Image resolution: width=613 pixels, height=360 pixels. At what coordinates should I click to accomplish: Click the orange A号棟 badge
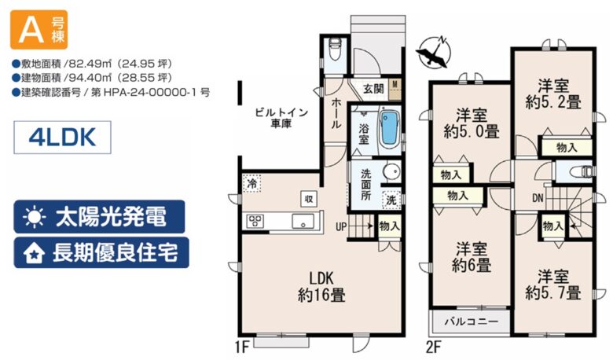(39, 30)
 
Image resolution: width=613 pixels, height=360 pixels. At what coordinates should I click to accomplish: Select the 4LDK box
(63, 138)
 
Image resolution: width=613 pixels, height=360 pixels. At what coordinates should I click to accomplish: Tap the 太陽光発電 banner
(99, 216)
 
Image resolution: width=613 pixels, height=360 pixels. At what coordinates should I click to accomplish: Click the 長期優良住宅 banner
(101, 252)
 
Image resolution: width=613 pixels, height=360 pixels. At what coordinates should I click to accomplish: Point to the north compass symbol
(433, 53)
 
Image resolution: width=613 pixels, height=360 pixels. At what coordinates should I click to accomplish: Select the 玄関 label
(373, 88)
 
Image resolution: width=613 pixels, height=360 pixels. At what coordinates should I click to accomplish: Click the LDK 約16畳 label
(321, 287)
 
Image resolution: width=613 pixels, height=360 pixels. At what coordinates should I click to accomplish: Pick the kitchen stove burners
(255, 222)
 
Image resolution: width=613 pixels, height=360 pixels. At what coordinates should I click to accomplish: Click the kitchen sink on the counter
(303, 221)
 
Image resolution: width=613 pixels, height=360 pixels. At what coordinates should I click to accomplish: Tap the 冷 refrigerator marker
(252, 183)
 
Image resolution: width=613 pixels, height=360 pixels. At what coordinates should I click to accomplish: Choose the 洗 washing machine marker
(391, 200)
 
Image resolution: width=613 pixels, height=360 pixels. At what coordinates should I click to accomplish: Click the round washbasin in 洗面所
(391, 171)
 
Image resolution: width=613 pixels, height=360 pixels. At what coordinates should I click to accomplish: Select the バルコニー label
(472, 321)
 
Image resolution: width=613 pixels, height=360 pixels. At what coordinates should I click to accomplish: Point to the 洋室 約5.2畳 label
(553, 94)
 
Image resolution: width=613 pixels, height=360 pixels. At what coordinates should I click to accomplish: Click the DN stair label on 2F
(538, 198)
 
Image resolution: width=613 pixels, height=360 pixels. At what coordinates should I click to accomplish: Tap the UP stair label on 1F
(341, 226)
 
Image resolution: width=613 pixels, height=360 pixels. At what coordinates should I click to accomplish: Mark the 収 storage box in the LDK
(309, 199)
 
